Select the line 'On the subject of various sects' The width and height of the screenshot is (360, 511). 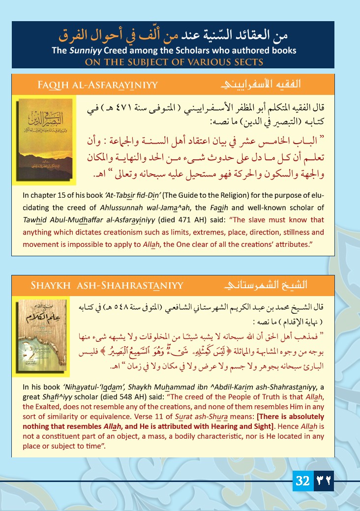174,62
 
